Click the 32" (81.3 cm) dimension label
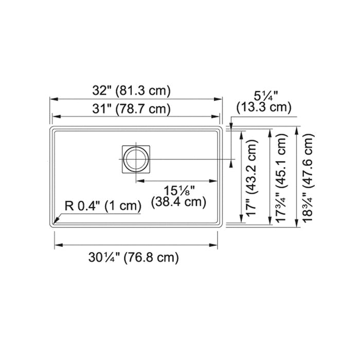pyautogui.click(x=132, y=90)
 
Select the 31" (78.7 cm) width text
pyautogui.click(x=132, y=109)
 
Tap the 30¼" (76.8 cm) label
pyautogui.click(x=134, y=257)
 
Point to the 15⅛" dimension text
pyautogui.click(x=179, y=191)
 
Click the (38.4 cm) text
pyautogui.click(x=178, y=202)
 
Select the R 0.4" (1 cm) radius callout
pyautogui.click(x=103, y=206)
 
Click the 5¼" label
pyautogui.click(x=266, y=96)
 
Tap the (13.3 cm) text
pyautogui.click(x=264, y=107)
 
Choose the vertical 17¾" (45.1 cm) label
pyautogui.click(x=281, y=177)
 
